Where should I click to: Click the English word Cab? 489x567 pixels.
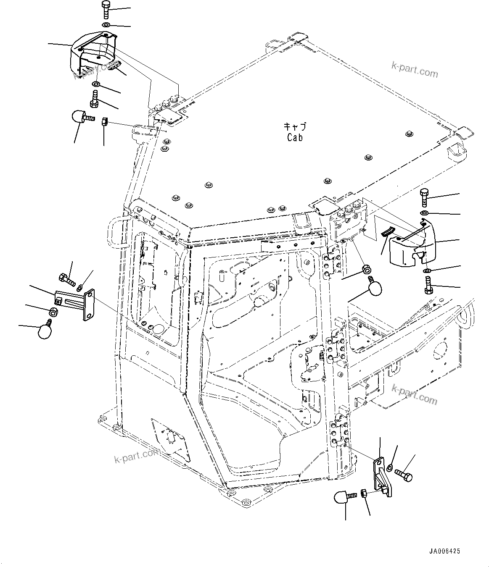[x=295, y=137]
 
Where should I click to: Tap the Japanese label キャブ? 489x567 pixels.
[x=295, y=126]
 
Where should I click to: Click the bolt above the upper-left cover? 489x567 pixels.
[x=105, y=10]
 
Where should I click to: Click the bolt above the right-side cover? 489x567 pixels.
[x=424, y=197]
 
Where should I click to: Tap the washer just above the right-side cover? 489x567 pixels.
[x=424, y=214]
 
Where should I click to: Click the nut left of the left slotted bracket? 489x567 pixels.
[x=53, y=312]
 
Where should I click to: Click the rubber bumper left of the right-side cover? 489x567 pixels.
[x=375, y=287]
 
